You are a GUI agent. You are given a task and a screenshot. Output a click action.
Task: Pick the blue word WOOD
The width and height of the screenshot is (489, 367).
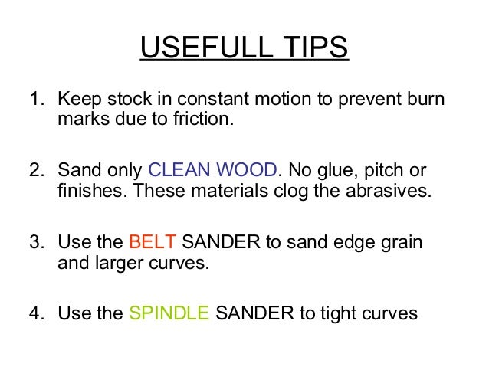pyautogui.click(x=247, y=170)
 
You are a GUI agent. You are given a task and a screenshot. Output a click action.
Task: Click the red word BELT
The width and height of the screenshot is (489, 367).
pyautogui.click(x=153, y=243)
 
